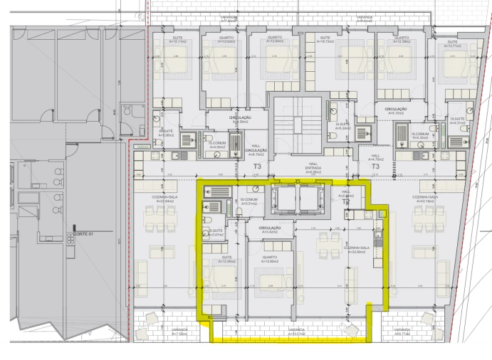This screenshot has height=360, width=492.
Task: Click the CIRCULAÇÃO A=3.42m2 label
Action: [270, 230]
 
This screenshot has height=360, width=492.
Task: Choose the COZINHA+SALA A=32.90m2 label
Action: [355, 249]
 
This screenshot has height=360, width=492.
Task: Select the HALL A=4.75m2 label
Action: [376, 159]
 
